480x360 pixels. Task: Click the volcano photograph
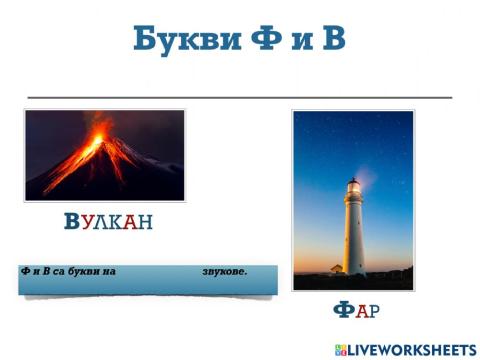[105, 155]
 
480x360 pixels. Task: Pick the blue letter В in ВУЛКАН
[71, 222]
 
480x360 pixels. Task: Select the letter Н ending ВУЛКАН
[146, 222]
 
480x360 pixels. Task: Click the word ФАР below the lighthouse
[356, 311]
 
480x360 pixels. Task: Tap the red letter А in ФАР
[361, 312]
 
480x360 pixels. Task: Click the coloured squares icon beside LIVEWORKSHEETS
[342, 349]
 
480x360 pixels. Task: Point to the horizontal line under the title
[240, 97]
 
